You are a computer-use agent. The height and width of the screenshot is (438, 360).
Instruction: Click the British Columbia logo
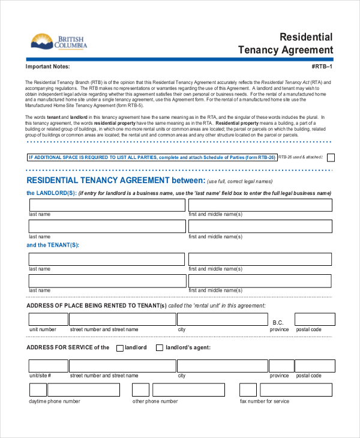point(58,42)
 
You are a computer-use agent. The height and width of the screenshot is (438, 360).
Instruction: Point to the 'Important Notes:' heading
point(47,67)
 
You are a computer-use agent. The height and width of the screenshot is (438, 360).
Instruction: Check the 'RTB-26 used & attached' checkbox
point(331,158)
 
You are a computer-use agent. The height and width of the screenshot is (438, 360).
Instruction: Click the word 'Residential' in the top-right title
point(306,37)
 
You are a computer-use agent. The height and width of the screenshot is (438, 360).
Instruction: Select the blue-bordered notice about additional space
point(152,158)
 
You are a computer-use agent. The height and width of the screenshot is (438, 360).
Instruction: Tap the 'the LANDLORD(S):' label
point(52,193)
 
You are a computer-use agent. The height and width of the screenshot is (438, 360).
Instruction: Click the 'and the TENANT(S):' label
point(53,245)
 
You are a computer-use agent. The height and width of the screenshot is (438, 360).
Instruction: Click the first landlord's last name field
point(107,206)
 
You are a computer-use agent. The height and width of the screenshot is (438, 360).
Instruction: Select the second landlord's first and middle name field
point(260,226)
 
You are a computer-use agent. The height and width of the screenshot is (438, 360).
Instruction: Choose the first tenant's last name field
point(107,259)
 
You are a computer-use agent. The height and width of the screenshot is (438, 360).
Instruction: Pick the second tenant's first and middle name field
point(260,281)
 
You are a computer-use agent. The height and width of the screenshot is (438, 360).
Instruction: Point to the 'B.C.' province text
point(278,323)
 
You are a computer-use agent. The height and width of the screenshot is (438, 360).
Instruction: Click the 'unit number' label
point(43,329)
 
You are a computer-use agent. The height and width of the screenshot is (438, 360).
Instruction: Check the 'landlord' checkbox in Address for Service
point(120,348)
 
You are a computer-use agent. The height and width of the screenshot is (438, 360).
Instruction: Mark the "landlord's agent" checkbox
point(160,348)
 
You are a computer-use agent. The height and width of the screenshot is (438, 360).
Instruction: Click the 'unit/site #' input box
point(47,366)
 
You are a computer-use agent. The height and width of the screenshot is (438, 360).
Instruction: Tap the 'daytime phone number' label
point(55,401)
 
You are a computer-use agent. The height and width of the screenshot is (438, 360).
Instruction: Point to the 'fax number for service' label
point(265,401)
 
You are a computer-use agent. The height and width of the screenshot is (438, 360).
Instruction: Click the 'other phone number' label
point(155,401)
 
